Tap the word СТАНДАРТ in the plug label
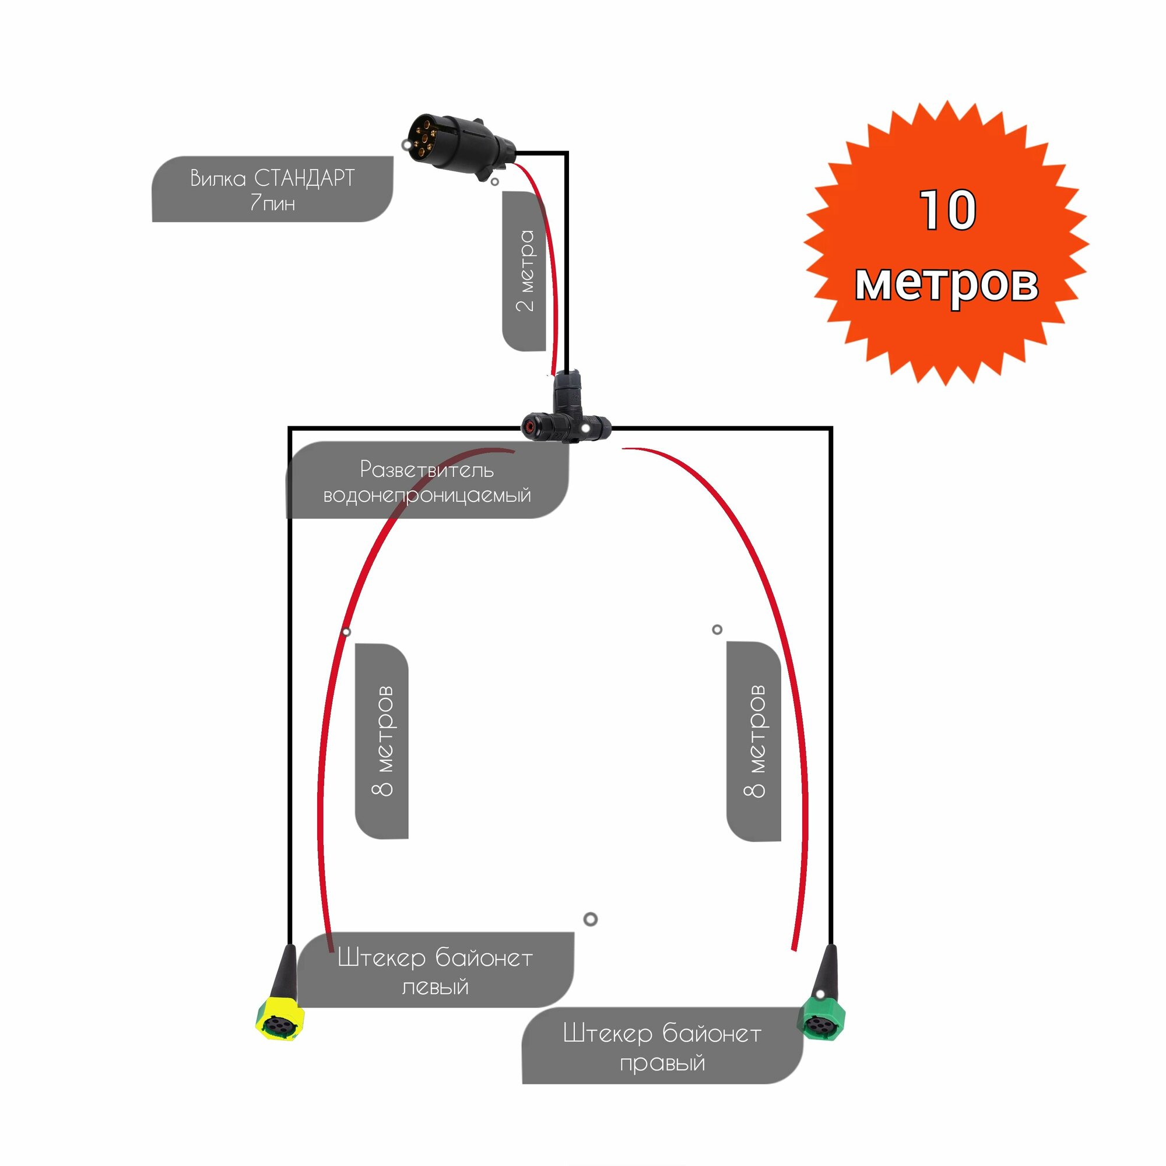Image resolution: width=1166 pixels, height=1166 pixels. click(304, 178)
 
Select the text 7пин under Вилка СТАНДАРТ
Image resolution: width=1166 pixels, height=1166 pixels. click(273, 203)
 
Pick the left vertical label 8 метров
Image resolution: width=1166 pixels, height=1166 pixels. click(382, 740)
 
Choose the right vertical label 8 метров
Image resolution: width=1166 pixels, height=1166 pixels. click(754, 740)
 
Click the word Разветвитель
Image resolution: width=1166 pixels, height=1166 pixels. click(427, 469)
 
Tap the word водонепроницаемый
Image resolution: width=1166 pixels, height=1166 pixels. click(427, 496)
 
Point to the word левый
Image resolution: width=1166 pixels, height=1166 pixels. click(434, 988)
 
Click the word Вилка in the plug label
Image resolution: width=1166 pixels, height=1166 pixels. click(219, 178)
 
